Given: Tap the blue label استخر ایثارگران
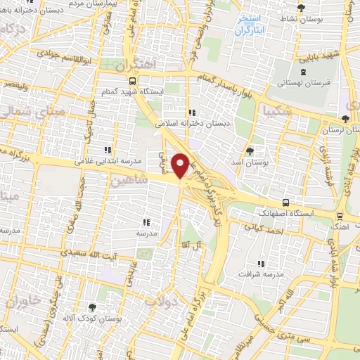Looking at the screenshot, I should [250, 26].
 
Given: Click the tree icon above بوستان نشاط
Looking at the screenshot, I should [302, 8].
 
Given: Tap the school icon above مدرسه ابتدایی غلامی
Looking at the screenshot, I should [108, 149].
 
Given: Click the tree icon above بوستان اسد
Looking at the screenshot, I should [250, 151].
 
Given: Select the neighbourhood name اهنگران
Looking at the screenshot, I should [136, 65].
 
